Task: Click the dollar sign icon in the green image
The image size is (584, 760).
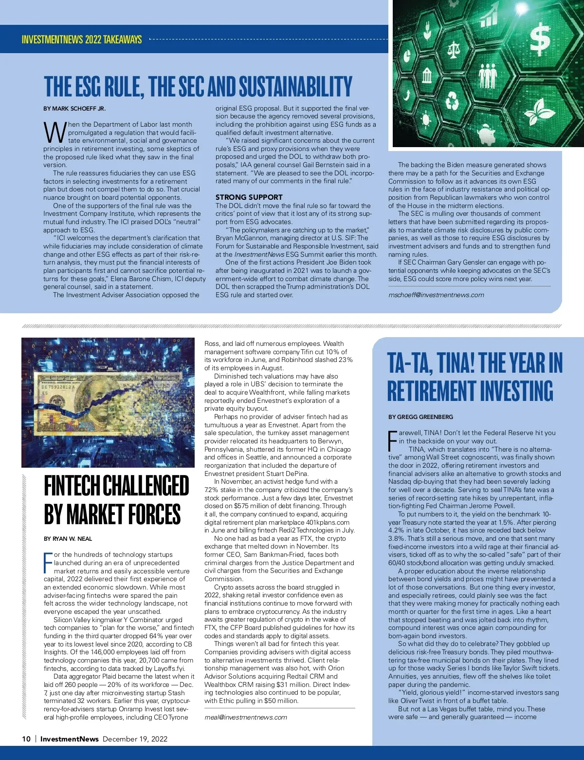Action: (x=540, y=39)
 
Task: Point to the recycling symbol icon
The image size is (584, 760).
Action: (x=453, y=101)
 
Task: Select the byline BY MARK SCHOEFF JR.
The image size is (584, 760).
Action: (x=74, y=109)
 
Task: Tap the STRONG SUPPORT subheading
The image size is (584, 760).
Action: (x=249, y=197)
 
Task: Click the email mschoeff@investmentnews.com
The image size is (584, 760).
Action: (x=436, y=295)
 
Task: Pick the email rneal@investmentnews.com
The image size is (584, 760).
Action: (x=245, y=717)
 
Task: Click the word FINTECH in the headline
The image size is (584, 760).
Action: (x=73, y=486)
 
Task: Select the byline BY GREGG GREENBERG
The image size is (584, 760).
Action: (x=420, y=417)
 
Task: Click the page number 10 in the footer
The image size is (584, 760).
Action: (x=26, y=739)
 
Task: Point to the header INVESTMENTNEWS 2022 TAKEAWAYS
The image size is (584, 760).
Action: (x=82, y=39)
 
